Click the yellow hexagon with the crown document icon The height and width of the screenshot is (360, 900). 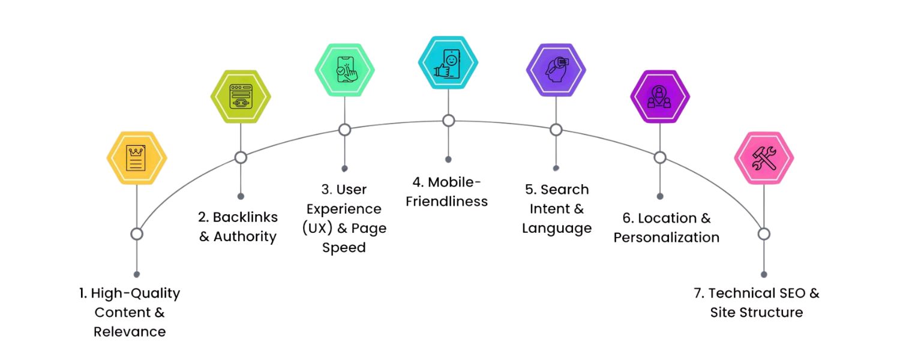tap(137, 158)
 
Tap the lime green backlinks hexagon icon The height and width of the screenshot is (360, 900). tap(241, 96)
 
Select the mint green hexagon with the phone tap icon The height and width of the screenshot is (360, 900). tap(344, 70)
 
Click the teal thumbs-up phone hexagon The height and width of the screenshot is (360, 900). tap(448, 62)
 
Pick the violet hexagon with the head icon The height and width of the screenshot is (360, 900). tap(556, 70)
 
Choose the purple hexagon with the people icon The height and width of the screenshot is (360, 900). tap(660, 96)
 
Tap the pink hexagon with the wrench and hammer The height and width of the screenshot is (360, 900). tap(764, 158)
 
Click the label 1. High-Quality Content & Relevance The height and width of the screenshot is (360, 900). tap(130, 312)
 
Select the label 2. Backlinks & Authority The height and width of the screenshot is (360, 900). tap(238, 227)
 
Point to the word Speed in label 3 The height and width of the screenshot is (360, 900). tap(344, 247)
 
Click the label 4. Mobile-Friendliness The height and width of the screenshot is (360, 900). tap(447, 191)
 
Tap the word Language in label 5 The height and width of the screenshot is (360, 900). tap(557, 228)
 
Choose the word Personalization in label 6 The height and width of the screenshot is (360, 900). tap(666, 237)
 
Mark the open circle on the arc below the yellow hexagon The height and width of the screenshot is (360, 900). tap(137, 234)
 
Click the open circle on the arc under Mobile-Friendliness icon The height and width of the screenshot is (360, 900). tap(448, 121)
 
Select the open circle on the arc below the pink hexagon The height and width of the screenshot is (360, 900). tap(764, 234)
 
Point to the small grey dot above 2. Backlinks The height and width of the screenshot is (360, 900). tap(241, 196)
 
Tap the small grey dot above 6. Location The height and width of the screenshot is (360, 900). tap(660, 196)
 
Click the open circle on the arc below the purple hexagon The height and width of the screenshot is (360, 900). tap(660, 157)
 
